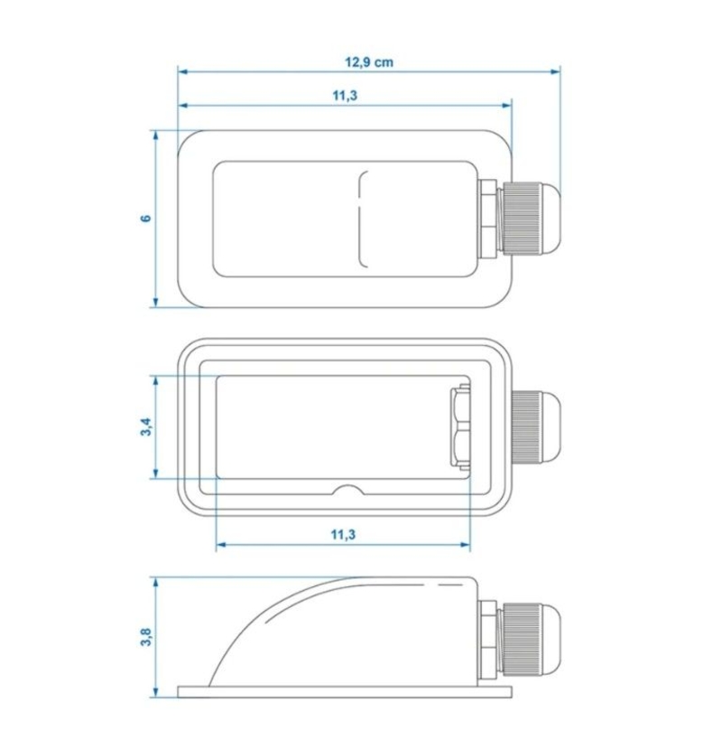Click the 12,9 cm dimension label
point(369,62)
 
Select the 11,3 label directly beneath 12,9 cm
point(345,96)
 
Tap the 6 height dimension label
point(146,219)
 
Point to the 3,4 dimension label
point(146,427)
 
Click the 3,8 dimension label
point(146,637)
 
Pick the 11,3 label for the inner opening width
point(343,535)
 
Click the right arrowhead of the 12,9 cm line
point(556,71)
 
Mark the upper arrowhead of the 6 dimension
point(156,136)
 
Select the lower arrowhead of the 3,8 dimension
point(156,692)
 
